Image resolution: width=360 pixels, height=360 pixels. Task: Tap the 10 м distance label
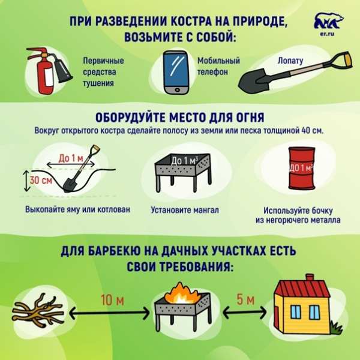pos(108,300)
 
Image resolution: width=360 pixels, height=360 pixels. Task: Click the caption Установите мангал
pos(185,211)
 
